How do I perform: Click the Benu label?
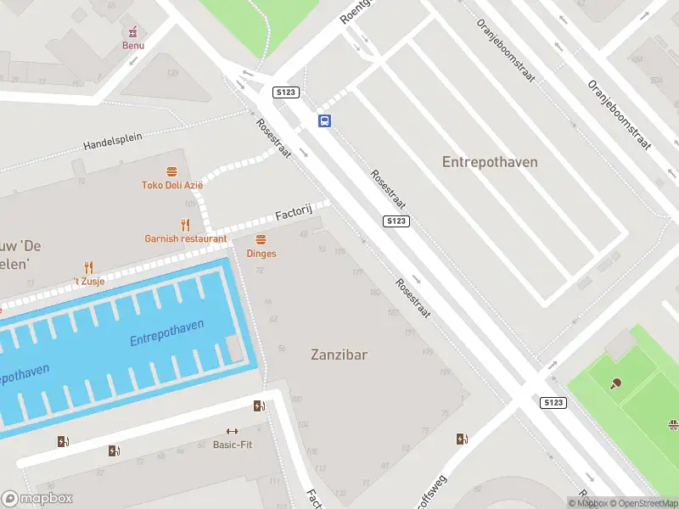click(x=133, y=45)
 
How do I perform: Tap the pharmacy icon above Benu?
click(x=133, y=31)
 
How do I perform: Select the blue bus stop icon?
click(x=324, y=120)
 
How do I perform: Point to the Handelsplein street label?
click(x=113, y=141)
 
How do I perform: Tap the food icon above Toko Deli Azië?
click(x=172, y=171)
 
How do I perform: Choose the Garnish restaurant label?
click(x=185, y=238)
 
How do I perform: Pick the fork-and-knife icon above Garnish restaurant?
click(x=185, y=225)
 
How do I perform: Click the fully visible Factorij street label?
click(x=294, y=214)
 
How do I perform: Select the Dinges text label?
click(x=261, y=253)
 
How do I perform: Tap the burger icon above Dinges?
click(x=261, y=239)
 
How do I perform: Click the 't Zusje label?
click(x=87, y=281)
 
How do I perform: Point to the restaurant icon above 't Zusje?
click(x=87, y=267)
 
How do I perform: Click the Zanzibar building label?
click(x=339, y=355)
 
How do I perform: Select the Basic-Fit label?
click(x=232, y=445)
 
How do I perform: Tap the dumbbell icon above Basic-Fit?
click(x=232, y=432)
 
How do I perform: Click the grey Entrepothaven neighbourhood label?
click(x=490, y=161)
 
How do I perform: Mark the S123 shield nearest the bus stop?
click(x=284, y=92)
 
